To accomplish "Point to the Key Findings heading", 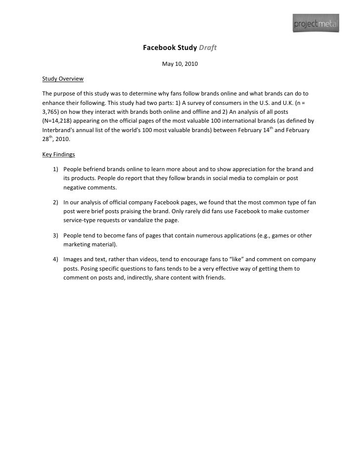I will [59, 154].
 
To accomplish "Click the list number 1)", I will [56, 169].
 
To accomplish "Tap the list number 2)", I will [56, 203].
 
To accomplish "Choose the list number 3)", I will [56, 235].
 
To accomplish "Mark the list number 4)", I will [56, 259].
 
